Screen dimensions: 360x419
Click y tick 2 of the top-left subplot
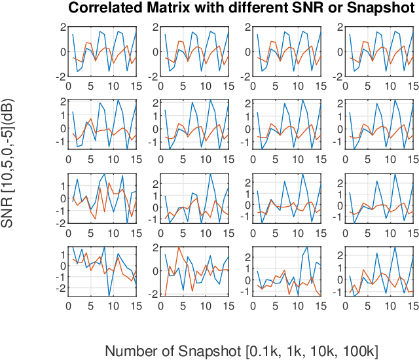coord(63,27)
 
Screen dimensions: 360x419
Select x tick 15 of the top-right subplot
coord(410,84)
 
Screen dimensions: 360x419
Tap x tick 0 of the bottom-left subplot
coord(69,306)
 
